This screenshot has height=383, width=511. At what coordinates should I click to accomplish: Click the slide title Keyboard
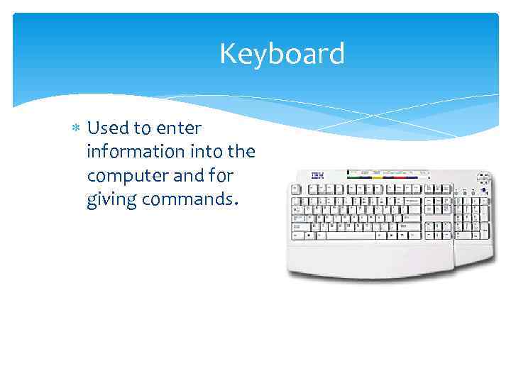tap(282, 54)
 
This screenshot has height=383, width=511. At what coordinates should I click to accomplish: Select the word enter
tap(179, 128)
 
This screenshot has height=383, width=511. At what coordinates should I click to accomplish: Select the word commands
tap(187, 200)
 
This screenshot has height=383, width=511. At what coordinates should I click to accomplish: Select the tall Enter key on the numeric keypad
tap(485, 229)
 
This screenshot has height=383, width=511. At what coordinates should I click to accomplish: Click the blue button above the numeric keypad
tap(484, 189)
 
